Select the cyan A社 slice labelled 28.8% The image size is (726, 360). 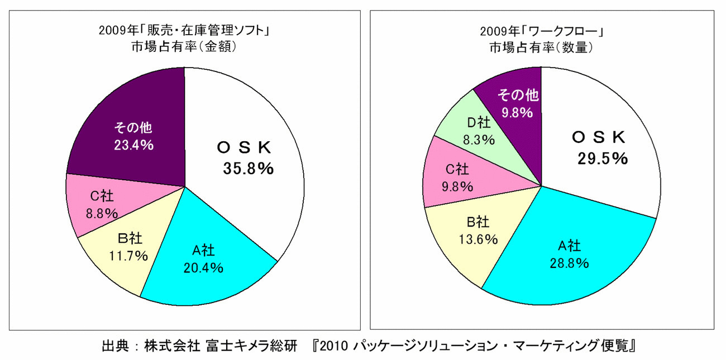pyautogui.click(x=570, y=254)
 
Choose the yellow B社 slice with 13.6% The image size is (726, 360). pyautogui.click(x=477, y=232)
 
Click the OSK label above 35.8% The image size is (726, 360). pyautogui.click(x=244, y=148)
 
